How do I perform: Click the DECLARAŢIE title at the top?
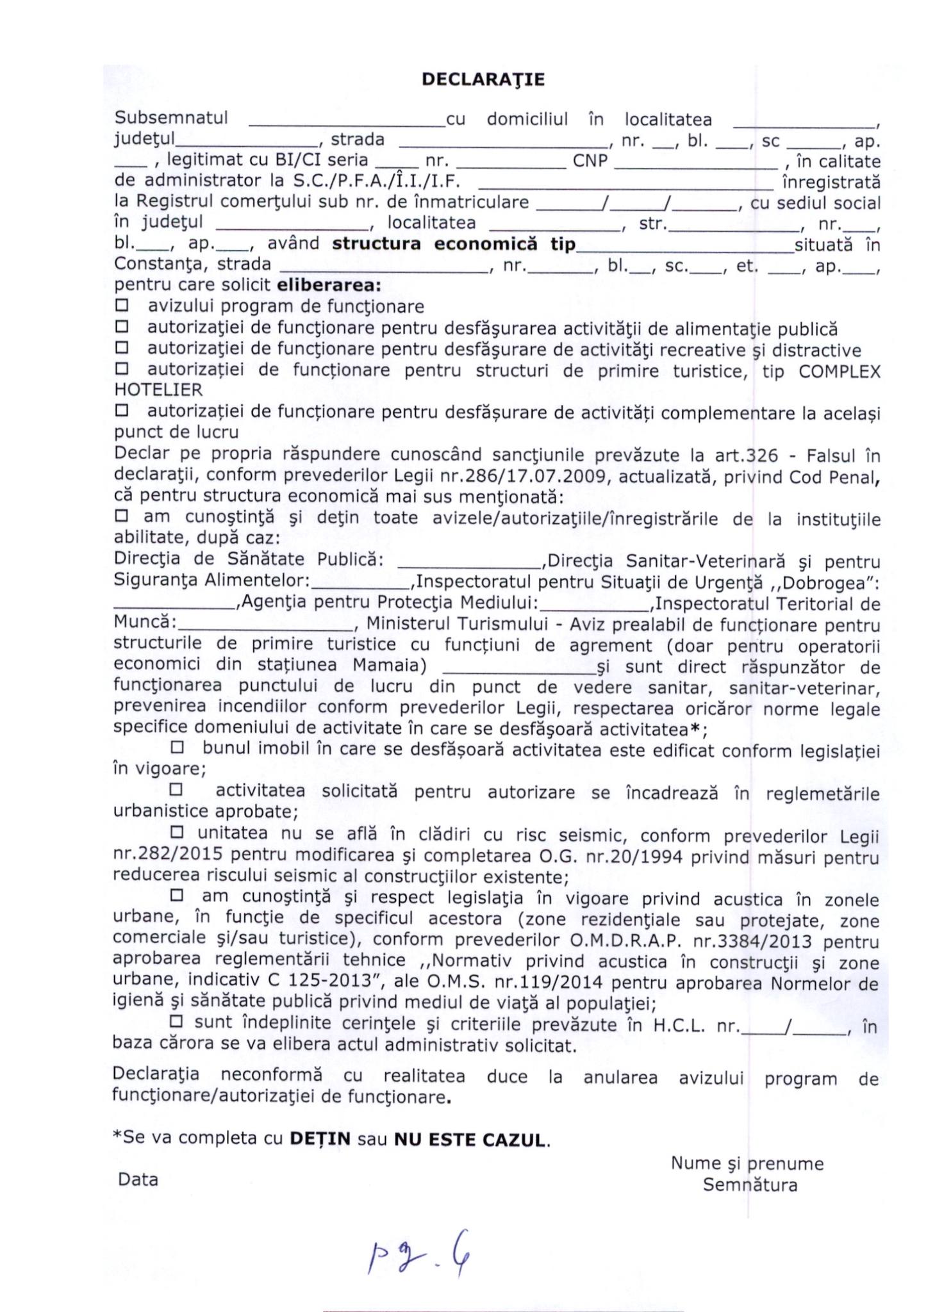[483, 79]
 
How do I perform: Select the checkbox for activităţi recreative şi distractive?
[121, 348]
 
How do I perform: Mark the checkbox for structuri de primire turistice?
[121, 370]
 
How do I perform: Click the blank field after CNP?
[695, 161]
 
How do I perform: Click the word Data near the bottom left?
[138, 1179]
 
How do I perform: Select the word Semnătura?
[750, 1185]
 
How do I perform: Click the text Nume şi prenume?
[747, 1163]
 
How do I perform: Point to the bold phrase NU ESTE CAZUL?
[470, 1140]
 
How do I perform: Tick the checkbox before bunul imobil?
[177, 747]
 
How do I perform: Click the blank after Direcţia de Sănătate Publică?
[470, 562]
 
